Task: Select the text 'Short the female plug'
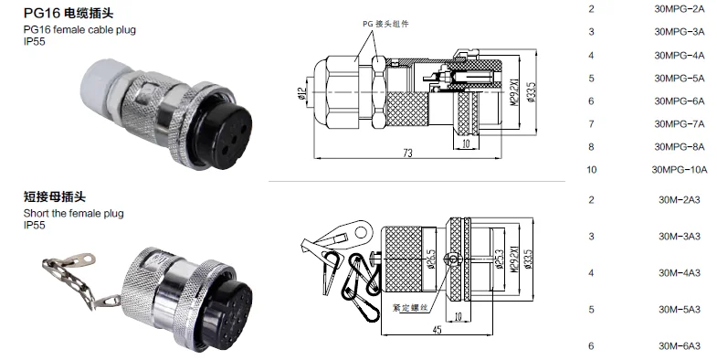tap(73, 213)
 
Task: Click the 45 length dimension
tap(438, 329)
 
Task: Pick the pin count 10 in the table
tap(592, 169)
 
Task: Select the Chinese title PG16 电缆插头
tap(62, 13)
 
